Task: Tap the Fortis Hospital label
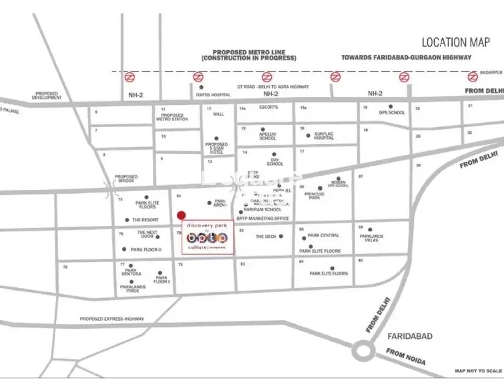click(x=213, y=95)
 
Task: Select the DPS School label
click(x=392, y=112)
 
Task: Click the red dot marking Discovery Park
click(x=181, y=215)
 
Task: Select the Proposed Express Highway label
click(x=111, y=319)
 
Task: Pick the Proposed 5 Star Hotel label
click(x=217, y=148)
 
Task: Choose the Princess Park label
click(x=314, y=196)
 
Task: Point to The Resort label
click(x=145, y=220)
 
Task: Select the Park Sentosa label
click(x=131, y=273)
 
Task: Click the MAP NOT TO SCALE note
click(x=478, y=370)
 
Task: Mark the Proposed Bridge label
click(x=125, y=178)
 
